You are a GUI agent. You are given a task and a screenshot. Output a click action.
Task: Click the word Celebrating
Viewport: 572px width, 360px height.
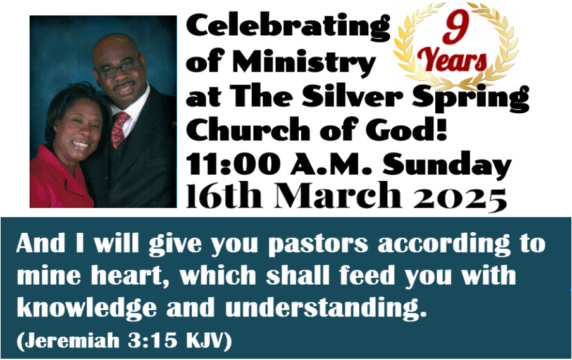pyautogui.click(x=288, y=27)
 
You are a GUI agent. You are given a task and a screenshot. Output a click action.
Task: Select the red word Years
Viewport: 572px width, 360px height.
pyautogui.click(x=452, y=59)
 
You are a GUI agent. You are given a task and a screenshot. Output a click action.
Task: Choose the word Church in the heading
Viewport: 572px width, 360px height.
pyautogui.click(x=248, y=130)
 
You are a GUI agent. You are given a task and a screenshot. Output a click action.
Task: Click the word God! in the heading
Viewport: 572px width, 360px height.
pyautogui.click(x=407, y=130)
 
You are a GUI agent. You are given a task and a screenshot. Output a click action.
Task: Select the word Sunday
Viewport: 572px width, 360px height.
pyautogui.click(x=447, y=165)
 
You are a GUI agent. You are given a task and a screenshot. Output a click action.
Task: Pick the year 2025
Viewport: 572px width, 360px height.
pyautogui.click(x=460, y=199)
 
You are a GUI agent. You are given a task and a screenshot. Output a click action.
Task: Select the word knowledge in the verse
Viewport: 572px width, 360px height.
pyautogui.click(x=87, y=309)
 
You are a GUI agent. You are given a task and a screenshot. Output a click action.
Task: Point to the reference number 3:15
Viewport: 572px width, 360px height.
pyautogui.click(x=152, y=340)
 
